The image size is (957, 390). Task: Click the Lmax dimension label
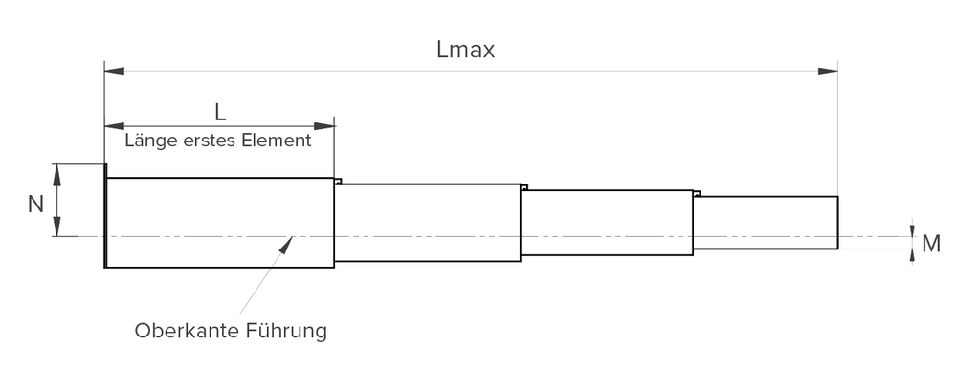[465, 50]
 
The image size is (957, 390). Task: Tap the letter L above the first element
[220, 112]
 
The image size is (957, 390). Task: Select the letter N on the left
[35, 204]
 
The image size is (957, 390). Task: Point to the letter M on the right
[930, 245]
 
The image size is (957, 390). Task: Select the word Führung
[286, 332]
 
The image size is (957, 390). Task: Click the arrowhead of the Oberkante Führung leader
[286, 244]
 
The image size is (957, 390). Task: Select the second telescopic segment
[427, 223]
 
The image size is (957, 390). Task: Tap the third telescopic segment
[607, 223]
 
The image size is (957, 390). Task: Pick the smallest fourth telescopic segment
[765, 223]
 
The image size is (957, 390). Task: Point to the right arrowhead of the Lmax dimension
[828, 71]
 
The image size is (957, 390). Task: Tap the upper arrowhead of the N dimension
[57, 173]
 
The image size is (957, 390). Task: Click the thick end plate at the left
[103, 216]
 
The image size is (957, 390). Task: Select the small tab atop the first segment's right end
[338, 181]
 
